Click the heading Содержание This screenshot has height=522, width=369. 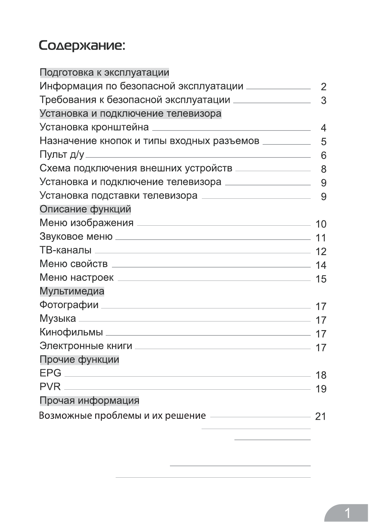82,46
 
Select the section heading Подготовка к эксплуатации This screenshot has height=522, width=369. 104,73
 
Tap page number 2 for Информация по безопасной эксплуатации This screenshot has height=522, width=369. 323,87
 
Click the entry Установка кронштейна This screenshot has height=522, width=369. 94,127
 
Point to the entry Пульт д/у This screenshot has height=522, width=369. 62,154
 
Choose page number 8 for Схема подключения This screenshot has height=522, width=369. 323,169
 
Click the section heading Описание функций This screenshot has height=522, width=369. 85,209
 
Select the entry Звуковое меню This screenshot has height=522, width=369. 76,237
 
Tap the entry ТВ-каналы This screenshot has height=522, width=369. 65,250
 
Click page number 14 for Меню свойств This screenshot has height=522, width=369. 321,265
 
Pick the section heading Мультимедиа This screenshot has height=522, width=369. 72,291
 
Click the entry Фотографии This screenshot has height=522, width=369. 69,305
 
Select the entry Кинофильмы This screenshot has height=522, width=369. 71,332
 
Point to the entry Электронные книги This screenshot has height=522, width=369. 86,346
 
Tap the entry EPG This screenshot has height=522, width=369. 51,373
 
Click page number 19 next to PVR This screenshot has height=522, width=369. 321,389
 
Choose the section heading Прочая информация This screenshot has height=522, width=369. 89,400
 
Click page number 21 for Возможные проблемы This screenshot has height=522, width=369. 321,416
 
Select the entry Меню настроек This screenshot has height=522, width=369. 77,277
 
